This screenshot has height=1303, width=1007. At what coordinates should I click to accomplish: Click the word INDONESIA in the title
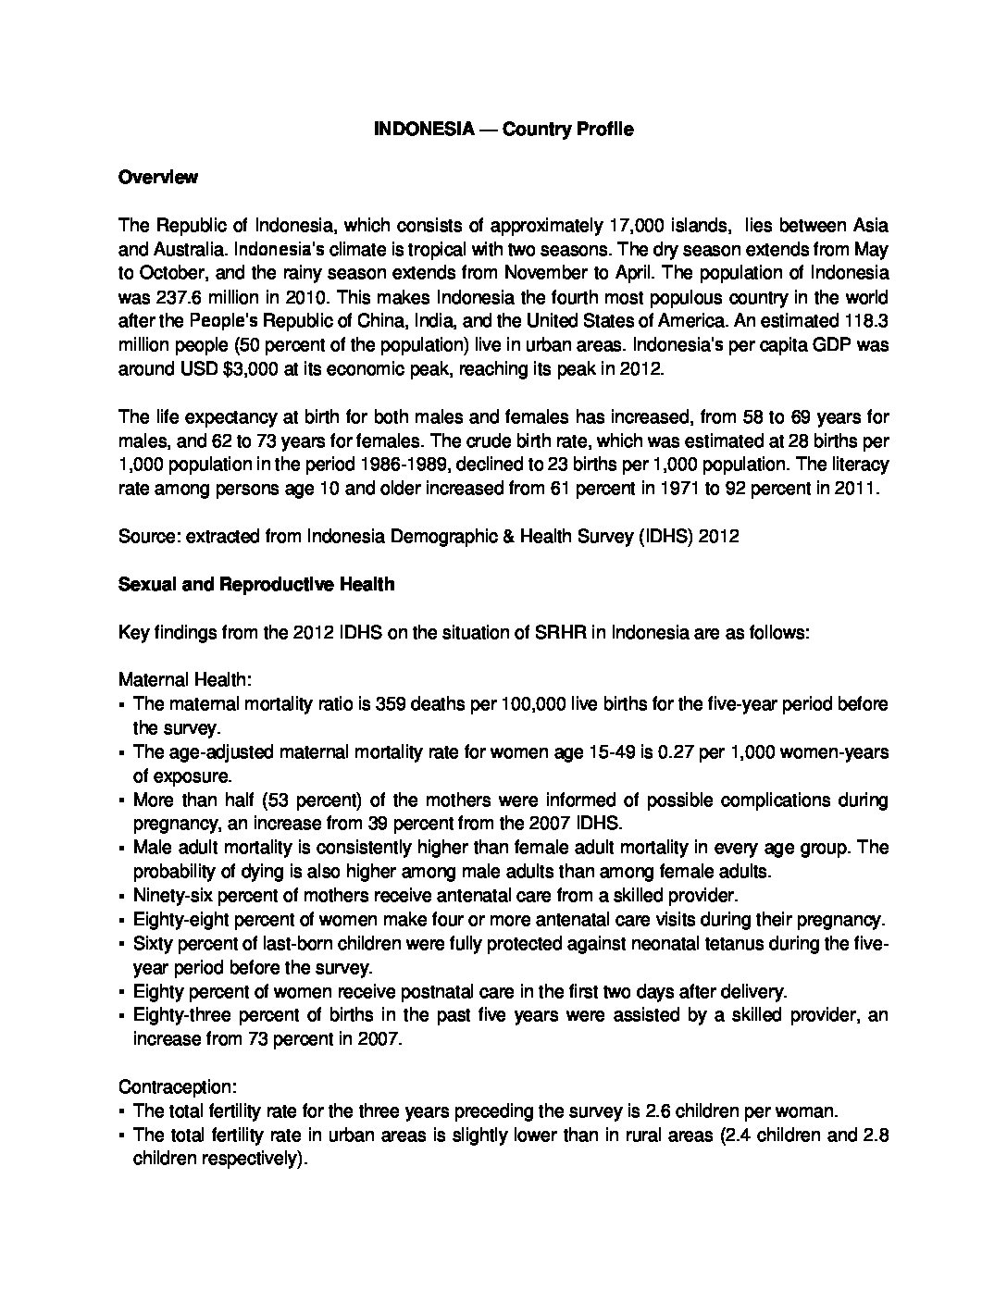click(x=411, y=130)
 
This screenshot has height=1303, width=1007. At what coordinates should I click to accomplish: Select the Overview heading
click(x=157, y=177)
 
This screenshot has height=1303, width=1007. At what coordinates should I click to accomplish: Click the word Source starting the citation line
click(x=147, y=536)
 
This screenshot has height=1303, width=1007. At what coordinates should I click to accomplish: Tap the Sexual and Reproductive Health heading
click(x=256, y=584)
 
